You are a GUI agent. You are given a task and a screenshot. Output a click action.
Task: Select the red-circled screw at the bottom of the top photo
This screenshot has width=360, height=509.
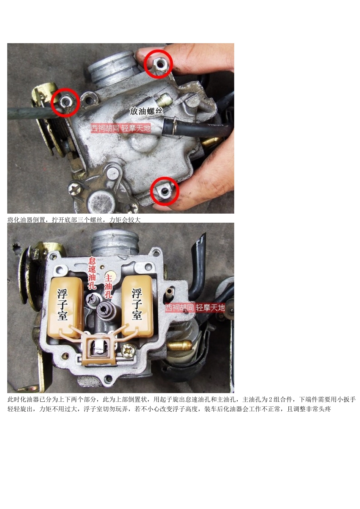pyautogui.click(x=165, y=191)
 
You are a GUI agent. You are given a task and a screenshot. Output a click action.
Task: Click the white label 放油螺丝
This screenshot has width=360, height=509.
pyautogui.click(x=146, y=111)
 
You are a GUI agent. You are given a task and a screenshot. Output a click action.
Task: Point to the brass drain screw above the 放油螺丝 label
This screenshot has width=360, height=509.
pyautogui.click(x=164, y=100)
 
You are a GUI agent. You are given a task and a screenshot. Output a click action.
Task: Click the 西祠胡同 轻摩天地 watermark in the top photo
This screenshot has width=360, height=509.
pyautogui.click(x=121, y=128)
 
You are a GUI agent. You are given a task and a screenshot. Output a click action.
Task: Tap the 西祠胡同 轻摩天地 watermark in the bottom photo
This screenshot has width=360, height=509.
pyautogui.click(x=195, y=308)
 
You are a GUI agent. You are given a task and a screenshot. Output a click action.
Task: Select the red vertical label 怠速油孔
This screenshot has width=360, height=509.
pyautogui.click(x=92, y=273)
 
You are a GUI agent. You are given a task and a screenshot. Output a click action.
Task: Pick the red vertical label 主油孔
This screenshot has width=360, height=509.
pyautogui.click(x=108, y=286)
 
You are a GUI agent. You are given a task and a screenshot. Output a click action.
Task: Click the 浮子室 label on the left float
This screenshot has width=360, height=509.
pyautogui.click(x=63, y=304)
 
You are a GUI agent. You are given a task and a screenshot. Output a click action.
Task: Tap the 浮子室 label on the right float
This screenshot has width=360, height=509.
pyautogui.click(x=137, y=304)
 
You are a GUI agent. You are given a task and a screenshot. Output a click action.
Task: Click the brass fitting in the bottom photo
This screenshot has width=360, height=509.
pyautogui.click(x=179, y=345)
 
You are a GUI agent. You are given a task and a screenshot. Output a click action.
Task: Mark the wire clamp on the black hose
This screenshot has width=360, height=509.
pyautogui.click(x=174, y=125)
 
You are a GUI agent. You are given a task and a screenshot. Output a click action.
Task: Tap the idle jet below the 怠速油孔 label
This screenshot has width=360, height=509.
pyautogui.click(x=91, y=299)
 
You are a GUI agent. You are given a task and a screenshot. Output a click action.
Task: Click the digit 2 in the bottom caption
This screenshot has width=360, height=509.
pyautogui.click(x=271, y=400)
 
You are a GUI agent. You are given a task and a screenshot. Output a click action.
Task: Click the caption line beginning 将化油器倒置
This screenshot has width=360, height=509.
pyautogui.click(x=74, y=220)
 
